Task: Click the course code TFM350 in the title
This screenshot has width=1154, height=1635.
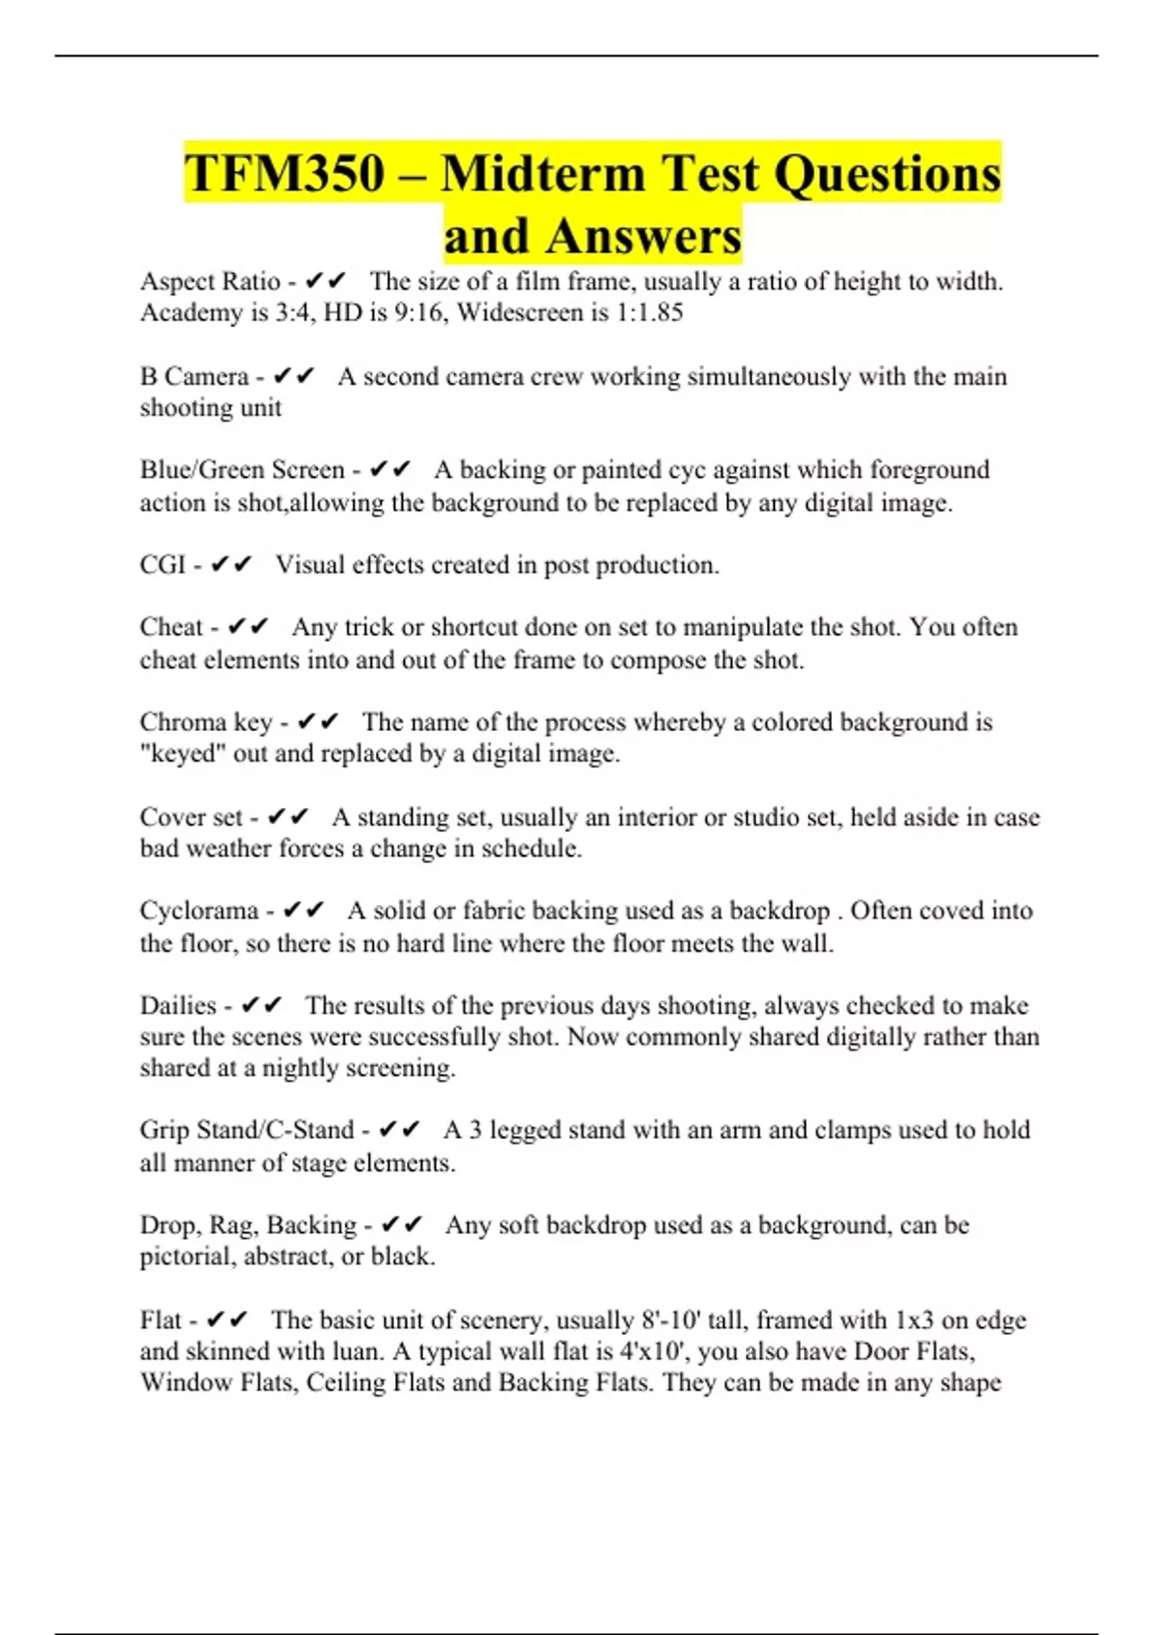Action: coord(285,174)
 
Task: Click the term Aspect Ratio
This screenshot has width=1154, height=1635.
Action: coord(210,281)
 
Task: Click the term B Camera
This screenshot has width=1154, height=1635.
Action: coord(193,376)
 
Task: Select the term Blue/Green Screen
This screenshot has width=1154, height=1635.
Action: coord(241,469)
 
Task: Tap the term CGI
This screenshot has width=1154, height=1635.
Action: coord(162,565)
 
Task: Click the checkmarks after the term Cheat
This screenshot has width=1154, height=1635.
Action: coord(248,627)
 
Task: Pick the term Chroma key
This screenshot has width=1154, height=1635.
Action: coord(206,722)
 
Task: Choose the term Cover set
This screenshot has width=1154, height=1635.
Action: coord(190,817)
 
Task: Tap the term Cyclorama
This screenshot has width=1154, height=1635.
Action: coord(199,911)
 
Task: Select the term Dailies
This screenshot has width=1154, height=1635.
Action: coord(178,1006)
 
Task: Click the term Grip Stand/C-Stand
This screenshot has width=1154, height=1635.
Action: coord(246,1130)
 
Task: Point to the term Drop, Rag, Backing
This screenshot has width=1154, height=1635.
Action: coord(247,1225)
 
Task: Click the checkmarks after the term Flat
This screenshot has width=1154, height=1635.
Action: coord(228,1320)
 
